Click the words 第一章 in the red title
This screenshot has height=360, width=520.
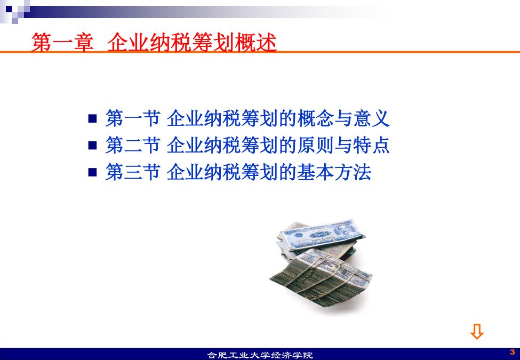(62, 43)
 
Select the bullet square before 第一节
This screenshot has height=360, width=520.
(92, 118)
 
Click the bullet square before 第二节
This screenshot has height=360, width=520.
(92, 145)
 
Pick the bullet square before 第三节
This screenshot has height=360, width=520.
(92, 172)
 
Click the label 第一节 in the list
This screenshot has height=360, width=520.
(133, 118)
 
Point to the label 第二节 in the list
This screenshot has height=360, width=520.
(133, 145)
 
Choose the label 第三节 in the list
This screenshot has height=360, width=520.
(133, 172)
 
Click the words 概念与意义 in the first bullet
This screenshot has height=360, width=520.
(343, 118)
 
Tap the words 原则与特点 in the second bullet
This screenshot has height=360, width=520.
(343, 145)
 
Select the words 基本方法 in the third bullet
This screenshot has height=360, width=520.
(334, 172)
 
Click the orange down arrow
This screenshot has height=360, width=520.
(477, 332)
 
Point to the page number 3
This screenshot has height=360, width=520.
(513, 351)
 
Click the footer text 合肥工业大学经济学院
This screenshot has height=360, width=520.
(260, 355)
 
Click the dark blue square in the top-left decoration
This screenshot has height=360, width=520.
(9, 9)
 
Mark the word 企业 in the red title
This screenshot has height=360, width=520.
(128, 43)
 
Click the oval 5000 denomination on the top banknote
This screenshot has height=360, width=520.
(319, 234)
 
